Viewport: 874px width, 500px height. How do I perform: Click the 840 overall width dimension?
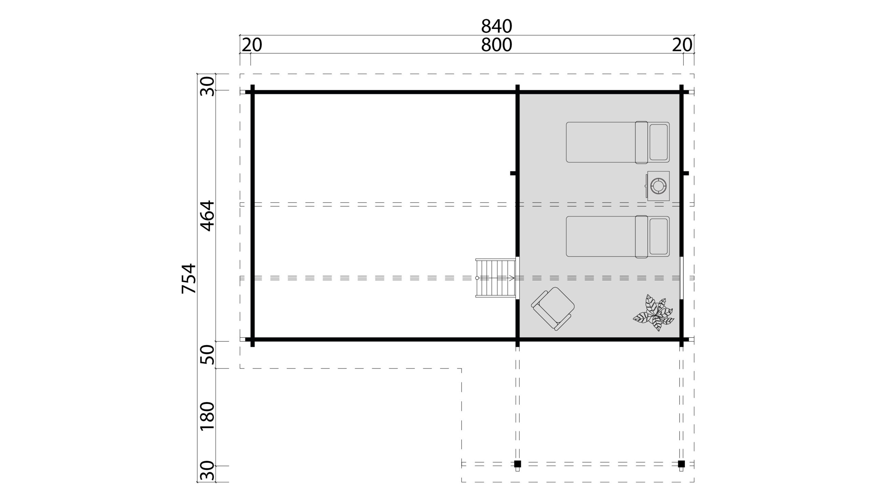point(496,26)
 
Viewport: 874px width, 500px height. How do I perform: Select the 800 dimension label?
point(496,45)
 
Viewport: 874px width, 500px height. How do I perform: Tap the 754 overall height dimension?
point(189,279)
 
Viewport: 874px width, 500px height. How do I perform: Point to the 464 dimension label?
point(207,216)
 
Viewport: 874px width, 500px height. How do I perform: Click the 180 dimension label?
point(207,416)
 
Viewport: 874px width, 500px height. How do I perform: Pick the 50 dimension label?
point(207,355)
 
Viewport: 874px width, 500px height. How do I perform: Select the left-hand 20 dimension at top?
point(252,45)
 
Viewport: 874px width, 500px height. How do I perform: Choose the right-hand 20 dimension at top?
point(682,45)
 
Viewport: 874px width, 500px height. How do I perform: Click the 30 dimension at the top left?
point(207,86)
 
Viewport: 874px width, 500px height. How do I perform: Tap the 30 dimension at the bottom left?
point(207,471)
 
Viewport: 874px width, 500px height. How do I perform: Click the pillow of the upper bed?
point(658,142)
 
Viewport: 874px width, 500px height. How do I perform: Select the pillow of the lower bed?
point(658,237)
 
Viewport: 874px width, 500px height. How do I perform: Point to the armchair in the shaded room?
point(553,309)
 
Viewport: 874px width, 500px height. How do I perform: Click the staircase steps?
point(496,278)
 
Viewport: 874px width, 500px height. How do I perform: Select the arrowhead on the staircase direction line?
point(512,278)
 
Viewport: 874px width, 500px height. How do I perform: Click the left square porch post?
point(518,464)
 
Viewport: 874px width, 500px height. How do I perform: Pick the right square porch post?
point(681,464)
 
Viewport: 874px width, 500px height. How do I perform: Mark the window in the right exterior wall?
point(681,278)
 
